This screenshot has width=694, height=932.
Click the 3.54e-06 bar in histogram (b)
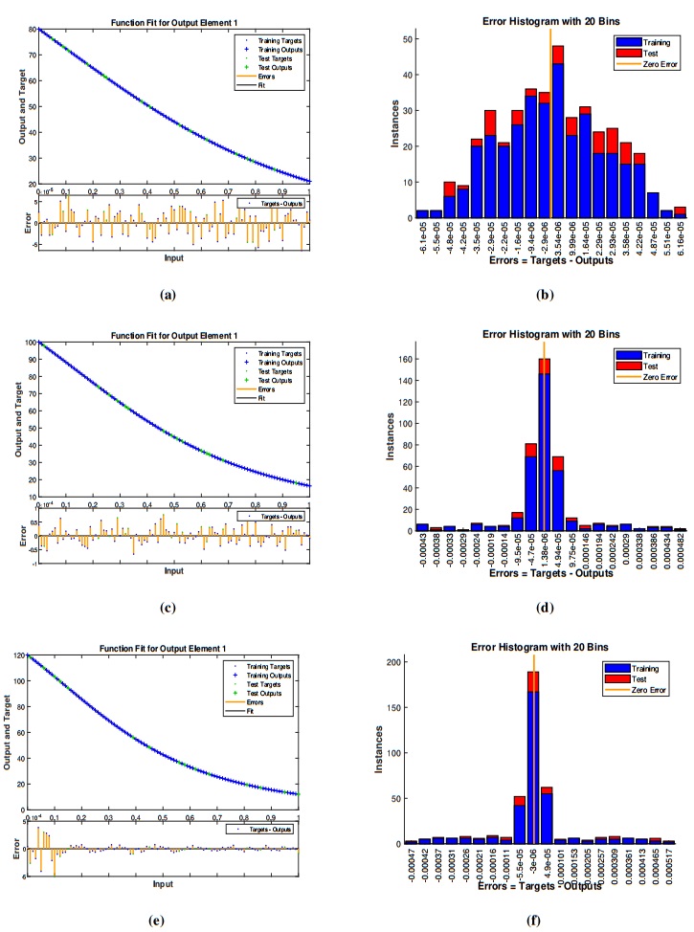click(x=558, y=134)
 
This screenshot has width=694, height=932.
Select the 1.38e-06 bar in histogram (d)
click(x=544, y=450)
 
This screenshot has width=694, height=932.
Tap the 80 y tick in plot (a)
click(x=32, y=30)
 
